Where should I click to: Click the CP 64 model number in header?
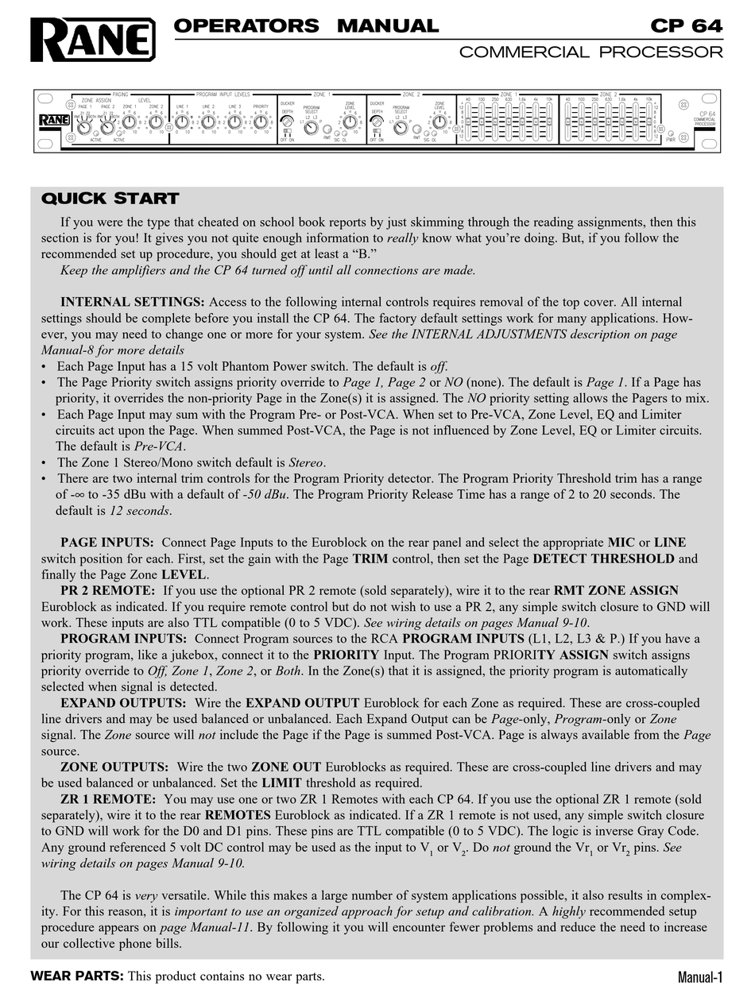tap(687, 25)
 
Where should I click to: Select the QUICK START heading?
tap(110, 199)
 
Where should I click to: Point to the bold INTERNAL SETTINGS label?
tap(133, 302)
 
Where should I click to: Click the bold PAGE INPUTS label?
tap(107, 543)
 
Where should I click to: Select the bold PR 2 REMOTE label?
tap(108, 590)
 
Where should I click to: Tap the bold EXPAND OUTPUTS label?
tap(123, 703)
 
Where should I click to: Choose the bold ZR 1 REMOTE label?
tap(108, 799)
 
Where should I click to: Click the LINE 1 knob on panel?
tap(182, 122)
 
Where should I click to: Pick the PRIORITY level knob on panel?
tap(260, 122)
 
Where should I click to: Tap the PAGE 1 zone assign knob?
tap(84, 124)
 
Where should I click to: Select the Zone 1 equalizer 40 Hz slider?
tap(469, 121)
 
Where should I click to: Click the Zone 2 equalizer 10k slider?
tap(649, 121)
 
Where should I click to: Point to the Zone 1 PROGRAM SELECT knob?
tap(311, 127)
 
